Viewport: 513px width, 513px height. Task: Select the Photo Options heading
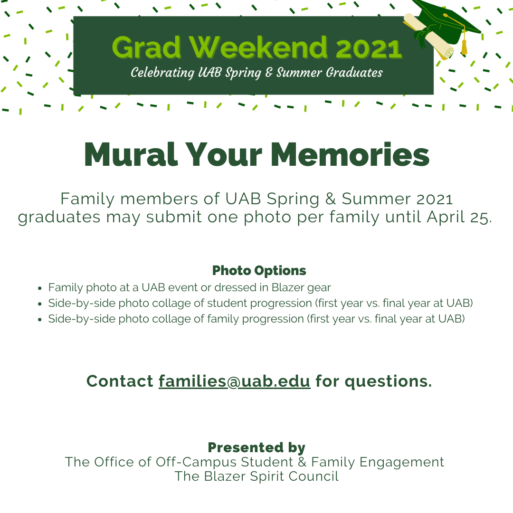(x=259, y=271)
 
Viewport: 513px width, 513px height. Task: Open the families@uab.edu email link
(x=234, y=381)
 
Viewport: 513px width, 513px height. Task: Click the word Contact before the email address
(x=120, y=381)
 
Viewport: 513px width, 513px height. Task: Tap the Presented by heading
(x=256, y=447)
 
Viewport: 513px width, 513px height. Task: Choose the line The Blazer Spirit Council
(x=256, y=476)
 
